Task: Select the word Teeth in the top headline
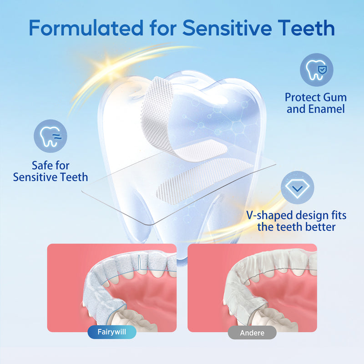(308, 28)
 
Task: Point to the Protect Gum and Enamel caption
(316, 103)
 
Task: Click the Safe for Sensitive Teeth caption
(51, 171)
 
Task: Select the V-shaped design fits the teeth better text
(297, 220)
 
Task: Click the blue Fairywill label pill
(112, 332)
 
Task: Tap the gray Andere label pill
(252, 333)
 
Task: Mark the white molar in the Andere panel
(278, 318)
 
